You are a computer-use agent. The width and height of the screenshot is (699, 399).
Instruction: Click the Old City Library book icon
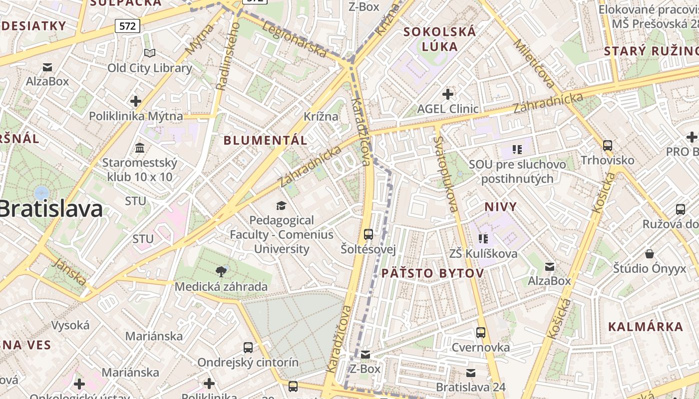[150, 53]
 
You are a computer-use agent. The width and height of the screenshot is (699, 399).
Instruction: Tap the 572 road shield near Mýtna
[127, 26]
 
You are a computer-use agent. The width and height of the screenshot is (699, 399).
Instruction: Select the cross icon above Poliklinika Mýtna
[136, 101]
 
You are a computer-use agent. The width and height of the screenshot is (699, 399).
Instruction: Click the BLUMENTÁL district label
[265, 140]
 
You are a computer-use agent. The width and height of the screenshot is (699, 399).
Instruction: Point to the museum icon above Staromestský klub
[140, 148]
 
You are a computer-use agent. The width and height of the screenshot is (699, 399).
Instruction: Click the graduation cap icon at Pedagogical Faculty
[282, 205]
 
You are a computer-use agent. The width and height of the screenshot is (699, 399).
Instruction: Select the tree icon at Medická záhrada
[221, 272]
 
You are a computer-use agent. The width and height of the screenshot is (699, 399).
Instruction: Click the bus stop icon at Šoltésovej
[368, 234]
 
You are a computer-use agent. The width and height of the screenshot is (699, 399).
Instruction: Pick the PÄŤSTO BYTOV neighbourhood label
[433, 273]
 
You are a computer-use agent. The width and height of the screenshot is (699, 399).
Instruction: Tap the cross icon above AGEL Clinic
[448, 94]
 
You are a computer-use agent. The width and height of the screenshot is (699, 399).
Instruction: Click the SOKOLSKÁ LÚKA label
[440, 39]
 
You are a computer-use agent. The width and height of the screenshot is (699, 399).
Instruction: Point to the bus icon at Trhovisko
[608, 146]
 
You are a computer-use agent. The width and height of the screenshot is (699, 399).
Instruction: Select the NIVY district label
[501, 206]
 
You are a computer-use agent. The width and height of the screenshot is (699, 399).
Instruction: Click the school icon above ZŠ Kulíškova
[483, 239]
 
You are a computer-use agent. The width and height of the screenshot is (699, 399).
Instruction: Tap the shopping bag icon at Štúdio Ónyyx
[650, 254]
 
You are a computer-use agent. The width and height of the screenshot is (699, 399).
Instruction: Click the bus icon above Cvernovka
[481, 332]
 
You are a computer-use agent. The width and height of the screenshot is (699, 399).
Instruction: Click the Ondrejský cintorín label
[248, 362]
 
